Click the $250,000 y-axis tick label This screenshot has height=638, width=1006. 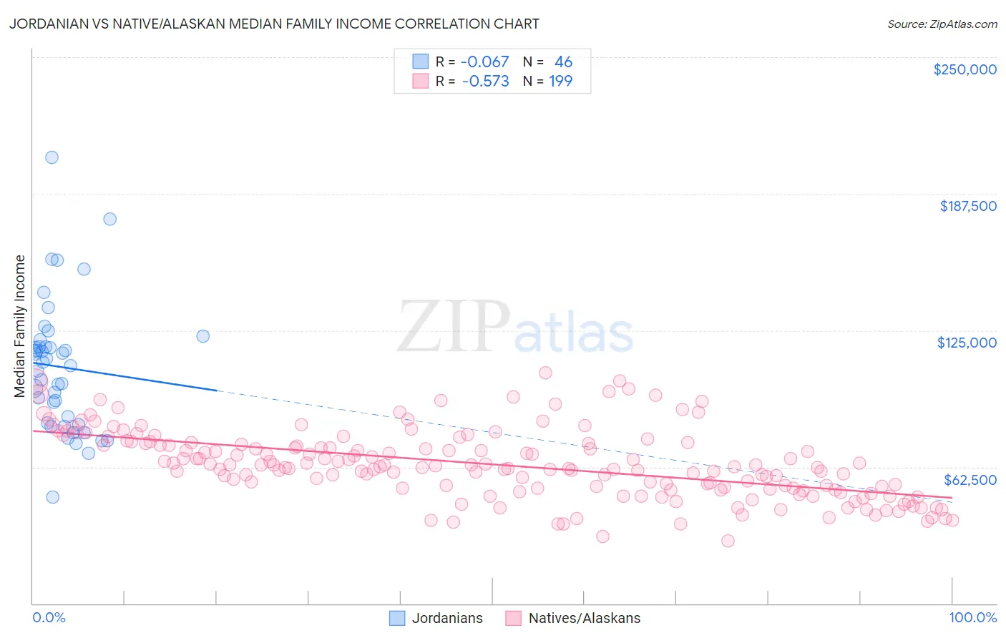pyautogui.click(x=965, y=69)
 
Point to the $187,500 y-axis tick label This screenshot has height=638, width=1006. pyautogui.click(x=967, y=206)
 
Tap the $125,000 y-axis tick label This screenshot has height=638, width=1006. pyautogui.click(x=967, y=343)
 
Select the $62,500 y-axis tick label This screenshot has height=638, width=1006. pyautogui.click(x=970, y=480)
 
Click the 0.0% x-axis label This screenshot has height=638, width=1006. pyautogui.click(x=49, y=617)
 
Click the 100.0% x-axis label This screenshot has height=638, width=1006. pyautogui.click(x=972, y=617)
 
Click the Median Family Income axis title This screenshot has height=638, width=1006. pyautogui.click(x=20, y=325)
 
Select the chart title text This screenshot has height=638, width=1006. pyautogui.click(x=274, y=24)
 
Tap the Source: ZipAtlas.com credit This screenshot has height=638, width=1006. pyautogui.click(x=942, y=24)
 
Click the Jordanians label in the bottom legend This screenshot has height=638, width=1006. pyautogui.click(x=447, y=618)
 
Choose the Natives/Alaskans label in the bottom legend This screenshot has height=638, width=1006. pyautogui.click(x=584, y=618)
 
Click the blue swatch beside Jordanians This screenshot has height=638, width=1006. pyautogui.click(x=397, y=618)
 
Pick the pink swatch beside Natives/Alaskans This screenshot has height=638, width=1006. pyautogui.click(x=514, y=618)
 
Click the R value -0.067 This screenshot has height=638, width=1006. pyautogui.click(x=484, y=62)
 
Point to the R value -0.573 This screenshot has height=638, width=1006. pyautogui.click(x=485, y=82)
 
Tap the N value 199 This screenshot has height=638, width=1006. pyautogui.click(x=560, y=82)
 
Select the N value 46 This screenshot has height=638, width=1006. pyautogui.click(x=563, y=62)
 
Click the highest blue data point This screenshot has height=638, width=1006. pyautogui.click(x=52, y=157)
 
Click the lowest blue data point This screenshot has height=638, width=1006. pyautogui.click(x=52, y=497)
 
